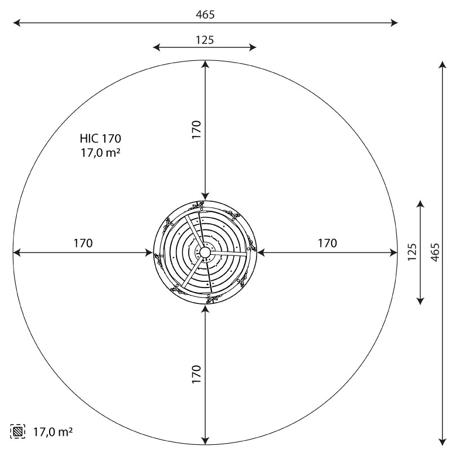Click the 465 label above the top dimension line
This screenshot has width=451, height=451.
(205, 15)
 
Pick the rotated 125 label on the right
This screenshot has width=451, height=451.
(412, 252)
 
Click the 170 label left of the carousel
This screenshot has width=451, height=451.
(83, 244)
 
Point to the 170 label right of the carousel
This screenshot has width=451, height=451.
(327, 244)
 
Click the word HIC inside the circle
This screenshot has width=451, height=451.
(90, 138)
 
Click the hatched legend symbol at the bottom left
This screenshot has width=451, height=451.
(18, 432)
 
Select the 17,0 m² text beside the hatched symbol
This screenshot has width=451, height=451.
(53, 432)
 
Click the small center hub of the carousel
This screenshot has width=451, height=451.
(204, 252)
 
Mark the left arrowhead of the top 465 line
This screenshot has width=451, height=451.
(16, 23)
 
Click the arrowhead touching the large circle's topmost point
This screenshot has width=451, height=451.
(205, 63)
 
